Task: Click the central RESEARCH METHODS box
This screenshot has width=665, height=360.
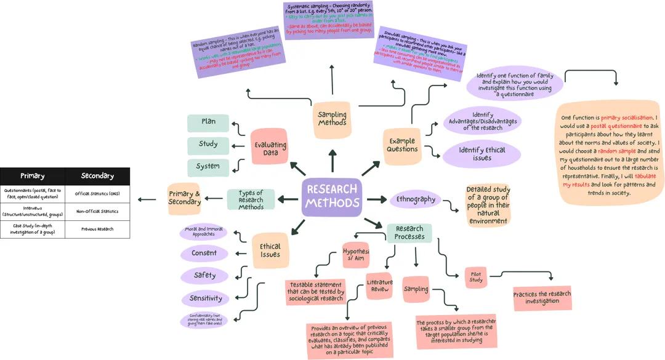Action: pyautogui.click(x=331, y=197)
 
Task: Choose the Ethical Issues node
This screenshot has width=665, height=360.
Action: pyautogui.click(x=270, y=250)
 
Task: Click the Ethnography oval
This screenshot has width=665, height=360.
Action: pyautogui.click(x=416, y=199)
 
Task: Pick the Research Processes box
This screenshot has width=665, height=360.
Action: pyautogui.click(x=409, y=233)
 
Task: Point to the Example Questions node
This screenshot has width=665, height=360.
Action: pyautogui.click(x=402, y=145)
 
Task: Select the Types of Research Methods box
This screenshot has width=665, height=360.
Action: pyautogui.click(x=251, y=199)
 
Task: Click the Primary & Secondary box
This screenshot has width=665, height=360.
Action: pyautogui.click(x=184, y=198)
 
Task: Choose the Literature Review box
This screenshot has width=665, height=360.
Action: pyautogui.click(x=379, y=286)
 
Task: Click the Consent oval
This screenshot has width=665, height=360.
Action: pyautogui.click(x=204, y=253)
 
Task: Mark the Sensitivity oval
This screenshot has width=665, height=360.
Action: pyautogui.click(x=205, y=298)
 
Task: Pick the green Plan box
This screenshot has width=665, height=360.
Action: pyautogui.click(x=208, y=122)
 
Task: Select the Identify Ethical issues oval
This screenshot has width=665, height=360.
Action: pyautogui.click(x=482, y=154)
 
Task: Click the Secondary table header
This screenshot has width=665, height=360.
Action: pyautogui.click(x=97, y=176)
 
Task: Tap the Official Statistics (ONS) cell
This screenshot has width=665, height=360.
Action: pyautogui.click(x=97, y=194)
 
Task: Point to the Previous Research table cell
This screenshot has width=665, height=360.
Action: pyautogui.click(x=97, y=229)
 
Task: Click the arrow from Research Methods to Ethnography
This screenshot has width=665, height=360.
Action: pyautogui.click(x=376, y=199)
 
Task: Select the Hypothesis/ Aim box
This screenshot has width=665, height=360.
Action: pyautogui.click(x=355, y=254)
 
